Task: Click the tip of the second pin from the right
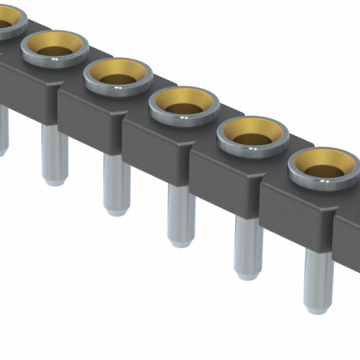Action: coord(248,275)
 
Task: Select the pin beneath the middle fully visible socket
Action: coord(181,214)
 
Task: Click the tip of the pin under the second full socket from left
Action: coord(116,211)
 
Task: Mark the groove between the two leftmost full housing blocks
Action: coord(58,101)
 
